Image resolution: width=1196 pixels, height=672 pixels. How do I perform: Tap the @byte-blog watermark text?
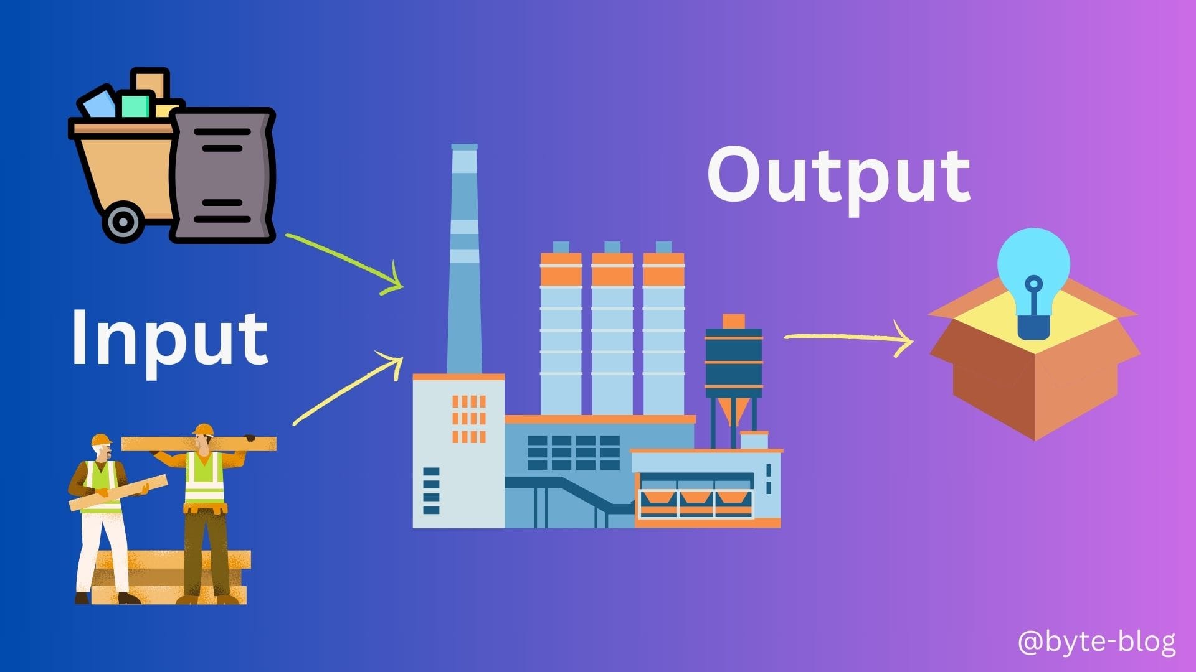(x=1096, y=642)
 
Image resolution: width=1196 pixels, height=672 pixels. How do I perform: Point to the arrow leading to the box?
(x=847, y=338)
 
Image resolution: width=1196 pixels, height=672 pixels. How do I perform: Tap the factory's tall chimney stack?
(x=464, y=261)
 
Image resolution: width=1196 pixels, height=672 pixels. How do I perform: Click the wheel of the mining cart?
(x=123, y=222)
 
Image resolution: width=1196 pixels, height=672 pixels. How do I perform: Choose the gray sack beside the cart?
(x=222, y=175)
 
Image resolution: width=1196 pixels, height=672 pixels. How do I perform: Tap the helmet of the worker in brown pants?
(x=204, y=429)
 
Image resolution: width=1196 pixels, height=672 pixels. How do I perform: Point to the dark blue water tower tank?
(x=733, y=361)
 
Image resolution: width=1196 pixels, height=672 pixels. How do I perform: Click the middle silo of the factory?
(x=612, y=336)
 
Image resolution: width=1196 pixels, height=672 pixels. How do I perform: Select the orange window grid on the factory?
(x=468, y=419)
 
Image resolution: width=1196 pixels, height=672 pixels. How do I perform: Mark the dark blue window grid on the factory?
(x=573, y=452)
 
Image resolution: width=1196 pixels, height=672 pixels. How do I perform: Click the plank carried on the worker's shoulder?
(x=199, y=444)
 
